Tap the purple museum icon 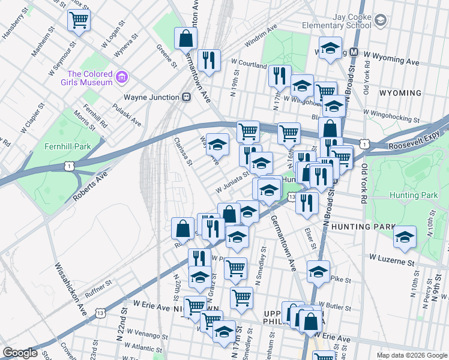click(x=122, y=77)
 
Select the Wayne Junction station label click(x=151, y=97)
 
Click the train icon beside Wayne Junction click(x=187, y=97)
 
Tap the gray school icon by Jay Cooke click(x=380, y=21)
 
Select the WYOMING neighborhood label click(x=401, y=93)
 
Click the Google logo click(x=20, y=353)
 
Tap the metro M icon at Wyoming click(x=354, y=52)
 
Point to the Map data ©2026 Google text click(x=411, y=355)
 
